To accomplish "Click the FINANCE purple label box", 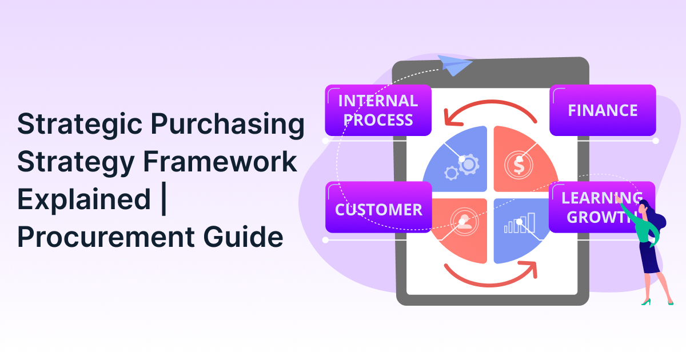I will click(x=603, y=110).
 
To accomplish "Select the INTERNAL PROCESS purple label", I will click(x=378, y=110).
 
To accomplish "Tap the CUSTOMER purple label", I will click(x=378, y=209).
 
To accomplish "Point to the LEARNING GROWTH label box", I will click(x=595, y=207).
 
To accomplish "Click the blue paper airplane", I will click(x=454, y=66).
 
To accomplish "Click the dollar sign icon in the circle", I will click(x=518, y=165).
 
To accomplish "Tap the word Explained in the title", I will click(x=83, y=199).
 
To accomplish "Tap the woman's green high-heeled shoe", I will click(x=646, y=301).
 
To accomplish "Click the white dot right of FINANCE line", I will click(x=656, y=141).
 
